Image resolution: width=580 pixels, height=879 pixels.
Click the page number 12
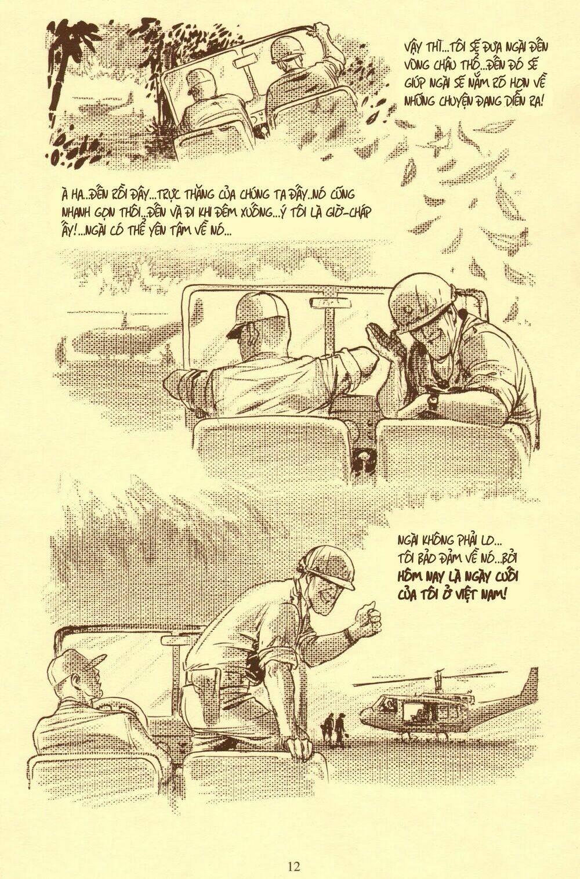293,851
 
